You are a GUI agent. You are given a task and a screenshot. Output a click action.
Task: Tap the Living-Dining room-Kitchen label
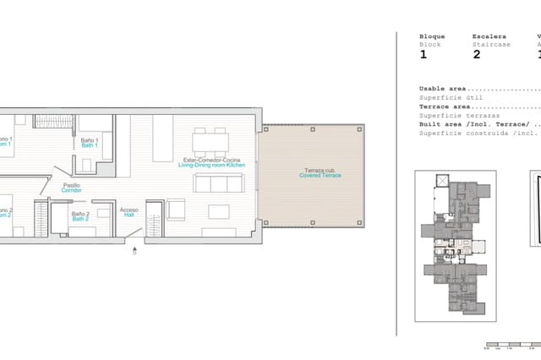pos(211,162)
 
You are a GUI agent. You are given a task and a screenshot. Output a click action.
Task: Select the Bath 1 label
pos(90,142)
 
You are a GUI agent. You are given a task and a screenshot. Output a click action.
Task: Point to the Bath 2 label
pos(80,216)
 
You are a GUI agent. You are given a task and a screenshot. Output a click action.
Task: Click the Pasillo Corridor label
pos(71,188)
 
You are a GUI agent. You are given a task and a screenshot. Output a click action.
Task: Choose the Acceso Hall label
pos(129,212)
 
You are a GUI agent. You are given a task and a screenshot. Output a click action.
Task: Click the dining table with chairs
pos(210,140)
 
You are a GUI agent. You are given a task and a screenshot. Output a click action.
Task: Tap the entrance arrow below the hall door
pos(134,251)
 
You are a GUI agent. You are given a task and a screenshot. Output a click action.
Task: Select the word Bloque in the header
pos(432,36)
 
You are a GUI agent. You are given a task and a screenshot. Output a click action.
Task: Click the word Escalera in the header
pos(489,36)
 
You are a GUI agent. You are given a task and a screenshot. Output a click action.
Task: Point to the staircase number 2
pos(477,55)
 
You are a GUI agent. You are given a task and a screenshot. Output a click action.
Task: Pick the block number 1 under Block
pos(424,55)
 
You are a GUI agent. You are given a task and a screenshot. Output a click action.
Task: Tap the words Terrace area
pos(445,107)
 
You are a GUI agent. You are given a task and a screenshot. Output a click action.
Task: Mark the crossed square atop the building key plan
pos(441,180)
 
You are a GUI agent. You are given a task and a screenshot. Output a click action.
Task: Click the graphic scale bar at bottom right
pos(512,346)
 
